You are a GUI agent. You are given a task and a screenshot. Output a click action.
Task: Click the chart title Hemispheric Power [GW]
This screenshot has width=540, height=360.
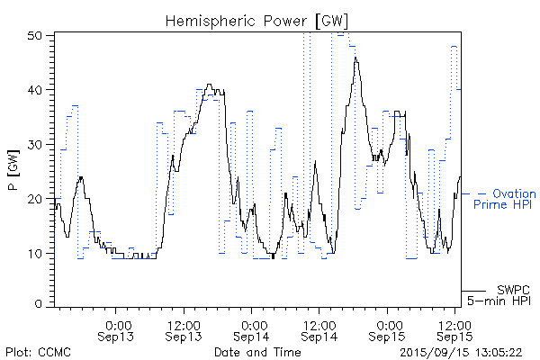point(257,19)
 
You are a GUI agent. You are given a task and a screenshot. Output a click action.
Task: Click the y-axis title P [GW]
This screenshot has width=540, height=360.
point(13,169)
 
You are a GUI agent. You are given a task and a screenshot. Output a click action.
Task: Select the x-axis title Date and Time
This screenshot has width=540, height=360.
point(257,352)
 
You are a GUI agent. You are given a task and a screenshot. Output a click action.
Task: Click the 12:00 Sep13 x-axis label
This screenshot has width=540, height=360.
point(184,329)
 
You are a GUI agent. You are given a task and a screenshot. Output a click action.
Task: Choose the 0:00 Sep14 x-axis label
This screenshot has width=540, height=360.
point(253,329)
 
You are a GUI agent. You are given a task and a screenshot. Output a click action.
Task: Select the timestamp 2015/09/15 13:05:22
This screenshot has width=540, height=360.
point(460,352)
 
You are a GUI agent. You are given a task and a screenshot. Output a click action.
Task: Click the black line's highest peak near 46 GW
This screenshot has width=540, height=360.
point(356,58)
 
